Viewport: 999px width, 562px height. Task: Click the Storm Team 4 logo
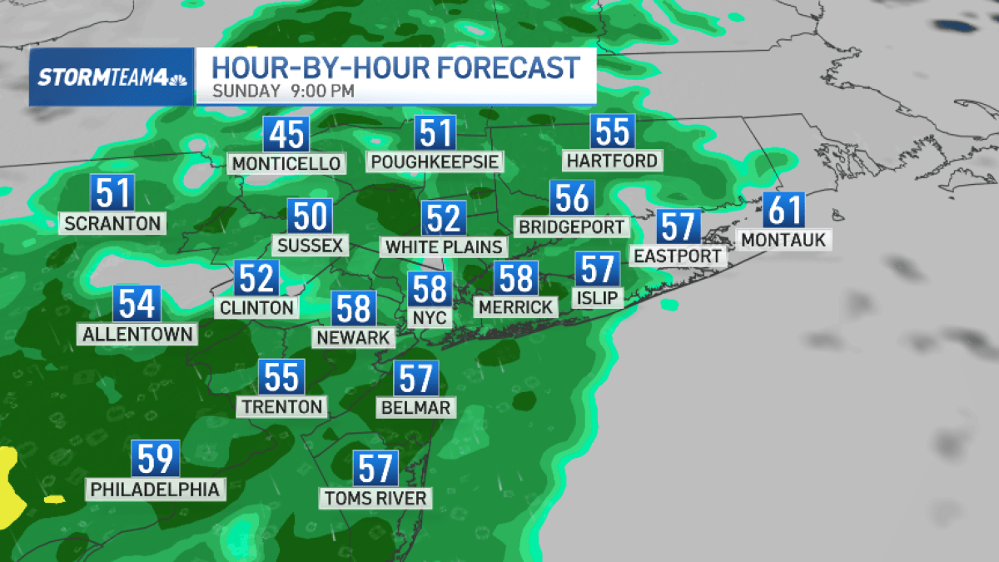pos(112,78)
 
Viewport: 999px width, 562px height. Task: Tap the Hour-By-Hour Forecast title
pos(395,67)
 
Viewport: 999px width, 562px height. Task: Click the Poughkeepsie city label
pos(435,162)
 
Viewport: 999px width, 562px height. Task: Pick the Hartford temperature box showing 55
pos(612,132)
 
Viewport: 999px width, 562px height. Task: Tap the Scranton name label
pos(112,223)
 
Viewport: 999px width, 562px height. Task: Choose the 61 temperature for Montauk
pos(784,210)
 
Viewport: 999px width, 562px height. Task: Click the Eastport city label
pos(678,256)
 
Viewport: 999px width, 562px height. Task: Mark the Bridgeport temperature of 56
pos(572,198)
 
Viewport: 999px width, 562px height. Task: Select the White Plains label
pos(444,247)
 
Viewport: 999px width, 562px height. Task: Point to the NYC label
pos(430,318)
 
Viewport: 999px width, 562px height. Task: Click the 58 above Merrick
pos(516,278)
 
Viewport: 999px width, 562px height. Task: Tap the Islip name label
pos(598,297)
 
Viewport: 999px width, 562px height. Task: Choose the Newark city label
pos(354,337)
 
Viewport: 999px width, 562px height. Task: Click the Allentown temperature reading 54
pos(137,305)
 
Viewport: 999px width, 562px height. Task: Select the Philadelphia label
pos(157,488)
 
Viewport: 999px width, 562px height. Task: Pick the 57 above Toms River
pos(375,469)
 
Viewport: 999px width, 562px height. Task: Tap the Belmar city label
pos(415,408)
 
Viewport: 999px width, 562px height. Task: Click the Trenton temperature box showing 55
pos(281,377)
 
